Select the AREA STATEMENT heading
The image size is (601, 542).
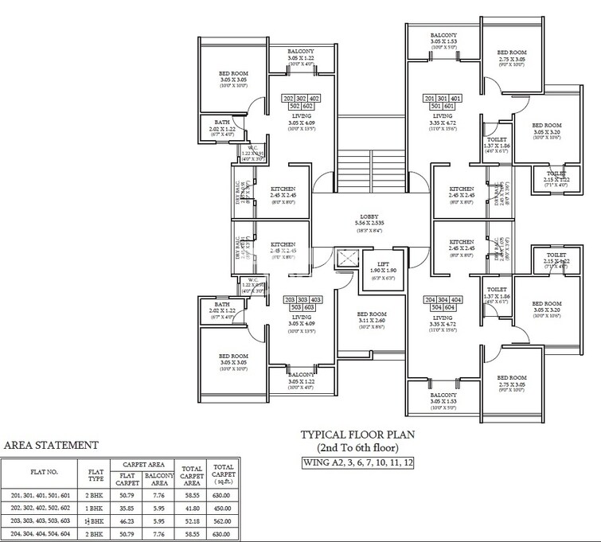coord(52,445)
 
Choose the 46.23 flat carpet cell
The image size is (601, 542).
coord(127,521)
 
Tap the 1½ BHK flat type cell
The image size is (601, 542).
coord(96,521)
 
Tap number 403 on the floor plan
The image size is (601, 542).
coord(314,299)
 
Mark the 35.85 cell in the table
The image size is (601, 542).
coord(127,507)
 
